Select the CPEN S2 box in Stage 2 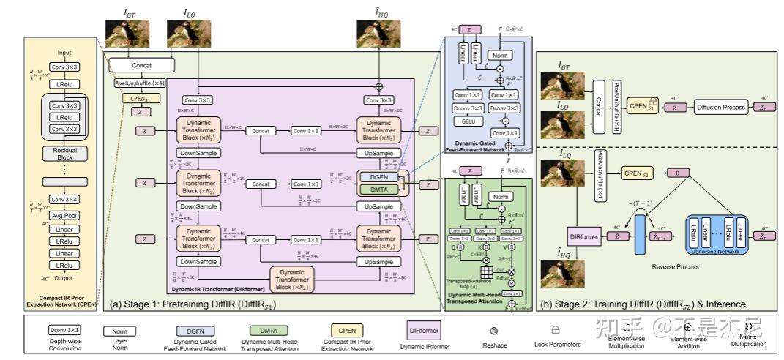(636, 173)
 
